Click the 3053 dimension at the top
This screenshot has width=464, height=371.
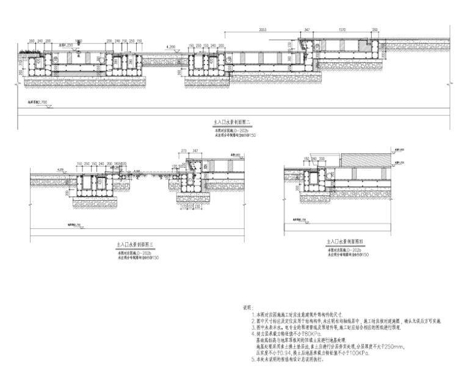pyautogui.click(x=263, y=29)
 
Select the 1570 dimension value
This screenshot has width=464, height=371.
pyautogui.click(x=343, y=29)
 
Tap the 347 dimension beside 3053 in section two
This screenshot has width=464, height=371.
pyautogui.click(x=306, y=29)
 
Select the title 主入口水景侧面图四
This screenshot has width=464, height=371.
pyautogui.click(x=345, y=242)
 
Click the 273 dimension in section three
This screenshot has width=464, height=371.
pyautogui.click(x=183, y=149)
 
